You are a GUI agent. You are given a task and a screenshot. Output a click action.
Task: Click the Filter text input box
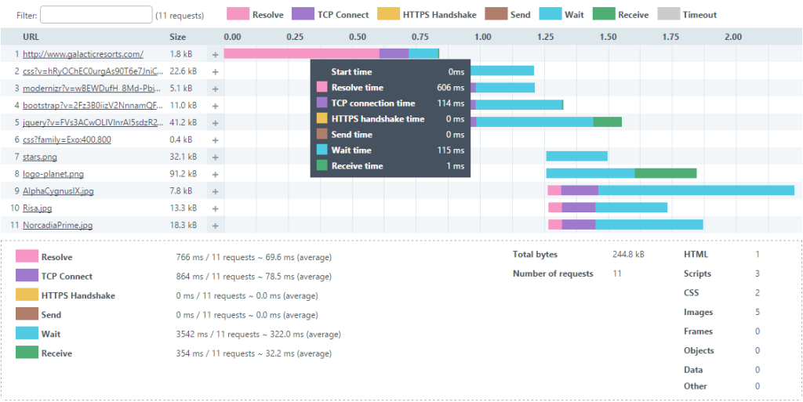96,15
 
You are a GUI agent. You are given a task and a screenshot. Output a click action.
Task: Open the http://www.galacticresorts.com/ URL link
83,54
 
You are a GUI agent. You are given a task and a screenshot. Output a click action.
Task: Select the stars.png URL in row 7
40,157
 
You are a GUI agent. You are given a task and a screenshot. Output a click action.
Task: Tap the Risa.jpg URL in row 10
38,208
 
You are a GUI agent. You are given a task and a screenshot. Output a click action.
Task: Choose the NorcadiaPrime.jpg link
57,225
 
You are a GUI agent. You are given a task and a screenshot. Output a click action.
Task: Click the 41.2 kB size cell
183,122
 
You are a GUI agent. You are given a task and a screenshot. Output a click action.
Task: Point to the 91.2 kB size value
183,174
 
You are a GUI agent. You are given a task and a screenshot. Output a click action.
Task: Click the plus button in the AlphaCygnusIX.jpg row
215,191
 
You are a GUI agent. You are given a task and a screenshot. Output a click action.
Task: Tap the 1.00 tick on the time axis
482,37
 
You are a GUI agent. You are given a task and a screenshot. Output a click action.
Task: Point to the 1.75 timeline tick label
670,37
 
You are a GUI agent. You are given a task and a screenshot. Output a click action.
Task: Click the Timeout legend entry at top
699,15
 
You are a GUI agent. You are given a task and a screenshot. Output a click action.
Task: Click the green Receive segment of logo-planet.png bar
665,173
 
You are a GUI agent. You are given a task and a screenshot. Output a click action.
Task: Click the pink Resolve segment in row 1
301,53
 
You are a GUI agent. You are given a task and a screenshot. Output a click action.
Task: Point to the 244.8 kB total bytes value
628,255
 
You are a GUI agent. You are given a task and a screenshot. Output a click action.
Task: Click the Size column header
178,37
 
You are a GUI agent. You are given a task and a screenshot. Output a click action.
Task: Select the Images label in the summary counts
698,313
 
